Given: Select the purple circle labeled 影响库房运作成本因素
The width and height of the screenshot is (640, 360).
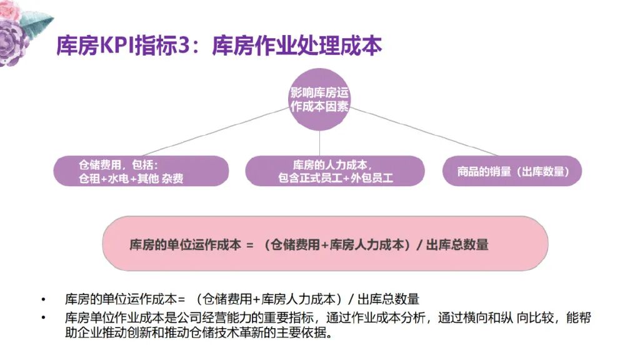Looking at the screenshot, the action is click(x=319, y=99).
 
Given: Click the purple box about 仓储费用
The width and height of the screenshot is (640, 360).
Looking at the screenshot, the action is click(x=141, y=171).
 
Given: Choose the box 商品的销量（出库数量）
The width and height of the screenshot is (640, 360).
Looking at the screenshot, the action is click(x=512, y=171).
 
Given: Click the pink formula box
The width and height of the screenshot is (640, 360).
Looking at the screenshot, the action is click(x=325, y=244).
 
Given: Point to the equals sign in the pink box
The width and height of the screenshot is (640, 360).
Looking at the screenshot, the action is click(x=249, y=245).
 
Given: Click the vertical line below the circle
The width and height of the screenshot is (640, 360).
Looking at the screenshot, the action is click(x=320, y=143).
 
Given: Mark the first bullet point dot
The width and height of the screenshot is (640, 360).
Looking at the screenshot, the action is click(x=43, y=299).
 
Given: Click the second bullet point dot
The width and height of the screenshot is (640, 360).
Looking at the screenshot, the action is click(x=43, y=318).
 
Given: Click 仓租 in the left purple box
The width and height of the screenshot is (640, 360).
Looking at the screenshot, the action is click(x=89, y=179).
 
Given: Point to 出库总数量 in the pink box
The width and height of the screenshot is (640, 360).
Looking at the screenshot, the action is click(x=457, y=245).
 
